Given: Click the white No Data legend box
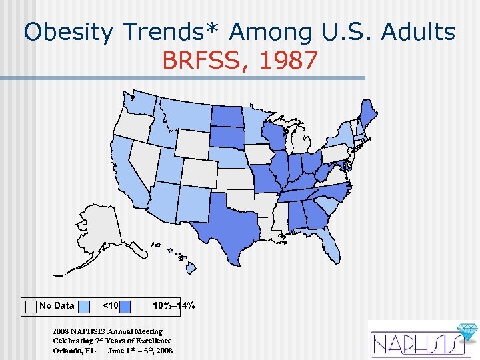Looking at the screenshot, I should point(31,306).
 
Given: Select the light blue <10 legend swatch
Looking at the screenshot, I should point(84,306).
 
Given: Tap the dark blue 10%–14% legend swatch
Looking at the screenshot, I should point(139,306).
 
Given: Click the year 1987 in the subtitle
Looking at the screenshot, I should point(289,61).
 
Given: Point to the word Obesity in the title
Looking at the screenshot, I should point(69,31).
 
